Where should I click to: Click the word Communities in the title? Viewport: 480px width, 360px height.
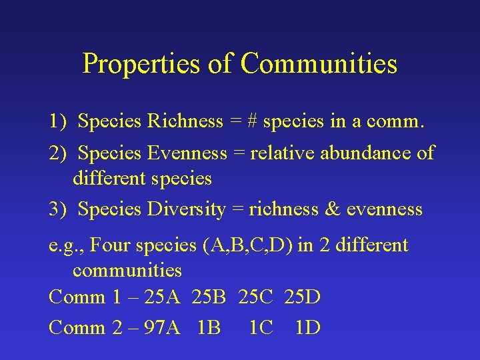319,63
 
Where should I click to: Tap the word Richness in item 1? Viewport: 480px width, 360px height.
185,121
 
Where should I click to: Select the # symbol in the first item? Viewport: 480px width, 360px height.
253,121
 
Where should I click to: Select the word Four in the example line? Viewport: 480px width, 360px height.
109,245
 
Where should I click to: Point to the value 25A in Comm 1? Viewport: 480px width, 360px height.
162,297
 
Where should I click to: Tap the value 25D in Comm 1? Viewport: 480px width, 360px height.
302,297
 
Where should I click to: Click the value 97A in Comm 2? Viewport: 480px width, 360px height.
162,328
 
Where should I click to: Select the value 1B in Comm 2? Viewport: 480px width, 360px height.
210,328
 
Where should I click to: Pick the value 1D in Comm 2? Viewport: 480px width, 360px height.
307,328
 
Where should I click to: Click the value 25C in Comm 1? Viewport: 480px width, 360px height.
255,297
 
